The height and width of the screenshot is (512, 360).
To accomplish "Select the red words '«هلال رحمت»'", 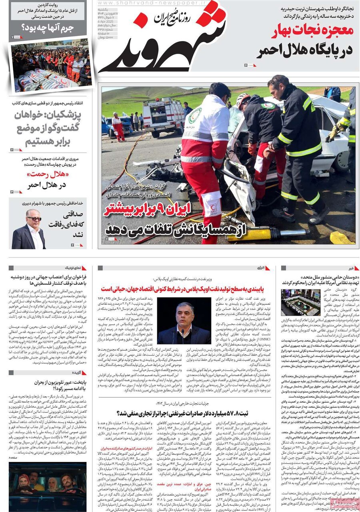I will (48, 175).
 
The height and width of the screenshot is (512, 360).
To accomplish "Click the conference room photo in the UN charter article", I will (300, 302).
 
